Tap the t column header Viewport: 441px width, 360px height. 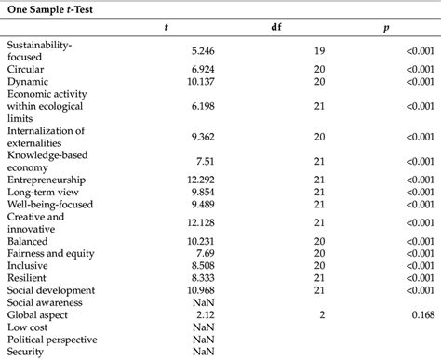point(166,28)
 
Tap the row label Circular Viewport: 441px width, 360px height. point(26,68)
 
